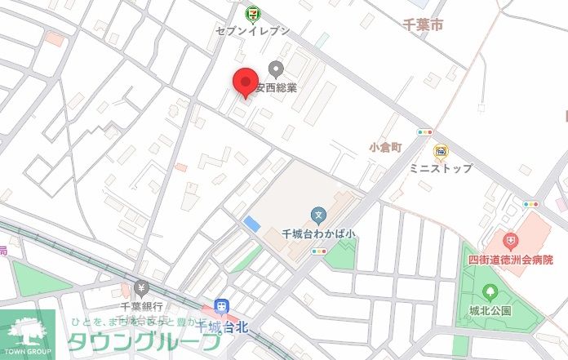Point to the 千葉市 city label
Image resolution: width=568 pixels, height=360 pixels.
point(423,26)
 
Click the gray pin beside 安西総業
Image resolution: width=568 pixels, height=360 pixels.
point(276,69)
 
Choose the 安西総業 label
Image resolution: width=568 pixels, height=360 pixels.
point(277,87)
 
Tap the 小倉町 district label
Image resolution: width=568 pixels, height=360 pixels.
point(385,147)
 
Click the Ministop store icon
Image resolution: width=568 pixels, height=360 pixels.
point(441,152)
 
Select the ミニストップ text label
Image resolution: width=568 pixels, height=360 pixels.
point(441,168)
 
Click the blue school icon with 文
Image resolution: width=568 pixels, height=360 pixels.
point(318,216)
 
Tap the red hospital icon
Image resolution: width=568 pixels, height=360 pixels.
point(511,241)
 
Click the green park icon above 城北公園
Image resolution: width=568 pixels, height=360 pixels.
point(490,291)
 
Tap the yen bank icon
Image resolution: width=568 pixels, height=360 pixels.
point(142,287)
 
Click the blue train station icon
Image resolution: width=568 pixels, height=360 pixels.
point(220,306)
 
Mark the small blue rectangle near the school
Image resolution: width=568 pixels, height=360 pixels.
point(252,222)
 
